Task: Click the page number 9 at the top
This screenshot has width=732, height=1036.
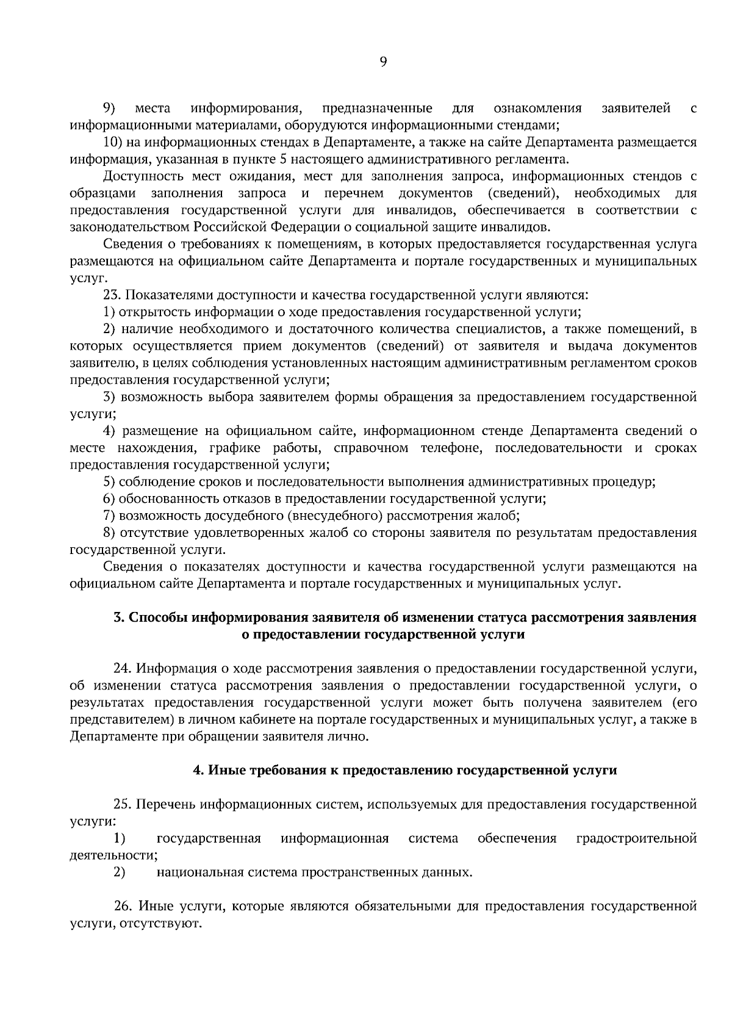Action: pyautogui.click(x=383, y=61)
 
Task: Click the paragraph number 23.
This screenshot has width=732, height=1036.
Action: pyautogui.click(x=113, y=296)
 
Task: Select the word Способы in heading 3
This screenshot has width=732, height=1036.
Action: pyautogui.click(x=157, y=617)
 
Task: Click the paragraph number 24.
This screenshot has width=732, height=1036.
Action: pyautogui.click(x=121, y=668)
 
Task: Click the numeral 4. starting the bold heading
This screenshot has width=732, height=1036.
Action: pyautogui.click(x=198, y=771)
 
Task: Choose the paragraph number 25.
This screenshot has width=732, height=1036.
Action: pyautogui.click(x=122, y=804)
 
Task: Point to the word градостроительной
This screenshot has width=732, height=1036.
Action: pyautogui.click(x=636, y=838)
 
